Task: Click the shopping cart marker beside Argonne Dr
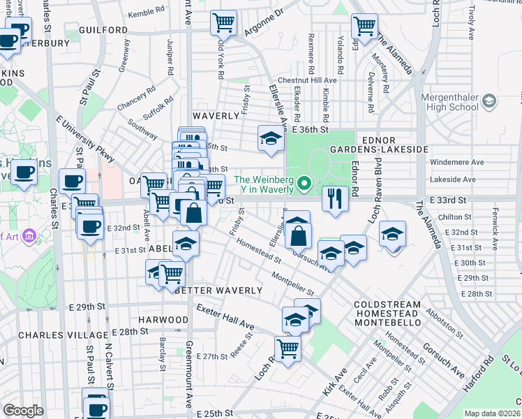click(223, 23)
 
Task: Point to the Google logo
click(23, 411)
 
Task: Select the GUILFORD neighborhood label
click(103, 31)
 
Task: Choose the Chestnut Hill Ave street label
click(307, 80)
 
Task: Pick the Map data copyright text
click(492, 413)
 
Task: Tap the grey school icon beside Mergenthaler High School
click(489, 102)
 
